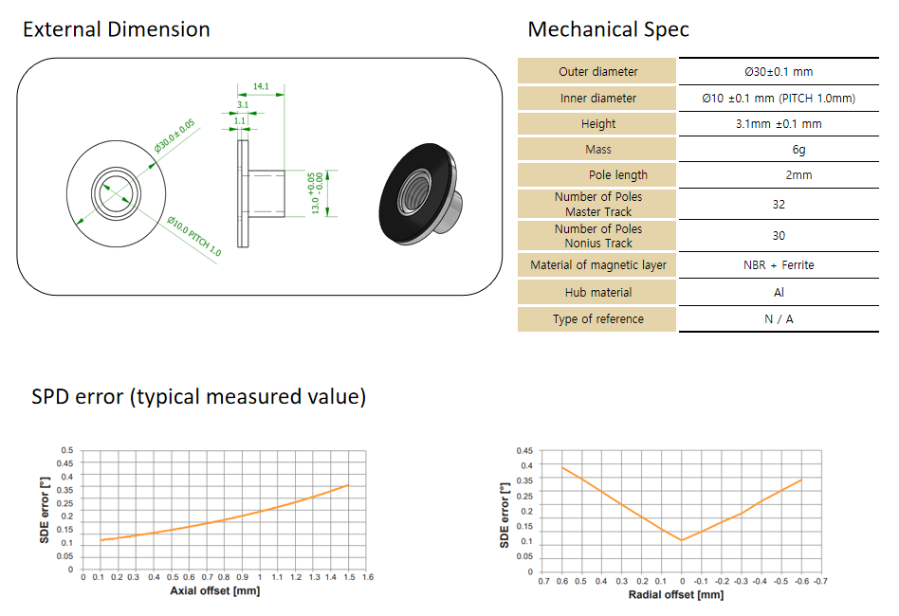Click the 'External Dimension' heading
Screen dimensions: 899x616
(x=117, y=29)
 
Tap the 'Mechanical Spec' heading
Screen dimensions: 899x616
(x=608, y=29)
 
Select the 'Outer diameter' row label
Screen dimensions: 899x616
(x=598, y=72)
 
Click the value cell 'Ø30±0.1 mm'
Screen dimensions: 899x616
(x=779, y=72)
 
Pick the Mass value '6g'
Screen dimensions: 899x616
(x=798, y=150)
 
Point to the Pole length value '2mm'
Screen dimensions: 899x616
(x=798, y=174)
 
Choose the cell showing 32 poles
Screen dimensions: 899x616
(x=779, y=205)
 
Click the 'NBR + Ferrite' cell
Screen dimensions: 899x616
(x=779, y=264)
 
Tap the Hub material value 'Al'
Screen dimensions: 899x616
(x=779, y=292)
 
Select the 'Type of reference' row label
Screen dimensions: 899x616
(x=598, y=319)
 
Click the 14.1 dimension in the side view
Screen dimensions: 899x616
(x=261, y=86)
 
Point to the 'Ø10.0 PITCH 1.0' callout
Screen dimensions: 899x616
(x=193, y=236)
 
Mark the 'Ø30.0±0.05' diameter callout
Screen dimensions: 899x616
(x=174, y=136)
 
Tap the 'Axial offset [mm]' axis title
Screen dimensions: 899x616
(x=215, y=590)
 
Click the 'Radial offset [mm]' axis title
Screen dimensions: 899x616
(x=676, y=595)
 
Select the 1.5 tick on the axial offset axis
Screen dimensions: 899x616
(x=349, y=577)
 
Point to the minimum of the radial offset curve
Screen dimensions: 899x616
(x=682, y=540)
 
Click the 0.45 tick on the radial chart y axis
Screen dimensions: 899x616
(x=524, y=450)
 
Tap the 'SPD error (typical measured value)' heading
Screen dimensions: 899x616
(x=198, y=396)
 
